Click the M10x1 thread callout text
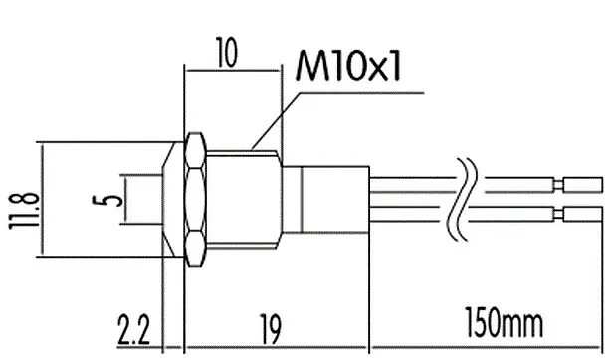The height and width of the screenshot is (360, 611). pyautogui.click(x=348, y=66)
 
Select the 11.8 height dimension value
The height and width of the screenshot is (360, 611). pyautogui.click(x=24, y=210)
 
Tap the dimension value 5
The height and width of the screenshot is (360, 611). pyautogui.click(x=107, y=201)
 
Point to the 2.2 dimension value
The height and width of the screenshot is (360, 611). pyautogui.click(x=133, y=331)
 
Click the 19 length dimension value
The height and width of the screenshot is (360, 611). pyautogui.click(x=270, y=331)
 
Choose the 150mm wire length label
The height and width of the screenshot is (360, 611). pyautogui.click(x=505, y=324)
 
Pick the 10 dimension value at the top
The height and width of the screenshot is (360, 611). pyautogui.click(x=227, y=52)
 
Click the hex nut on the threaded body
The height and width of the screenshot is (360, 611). pyautogui.click(x=195, y=200)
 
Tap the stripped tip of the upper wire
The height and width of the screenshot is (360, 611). pyautogui.click(x=582, y=185)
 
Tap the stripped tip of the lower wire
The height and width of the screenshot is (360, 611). pyautogui.click(x=582, y=214)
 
